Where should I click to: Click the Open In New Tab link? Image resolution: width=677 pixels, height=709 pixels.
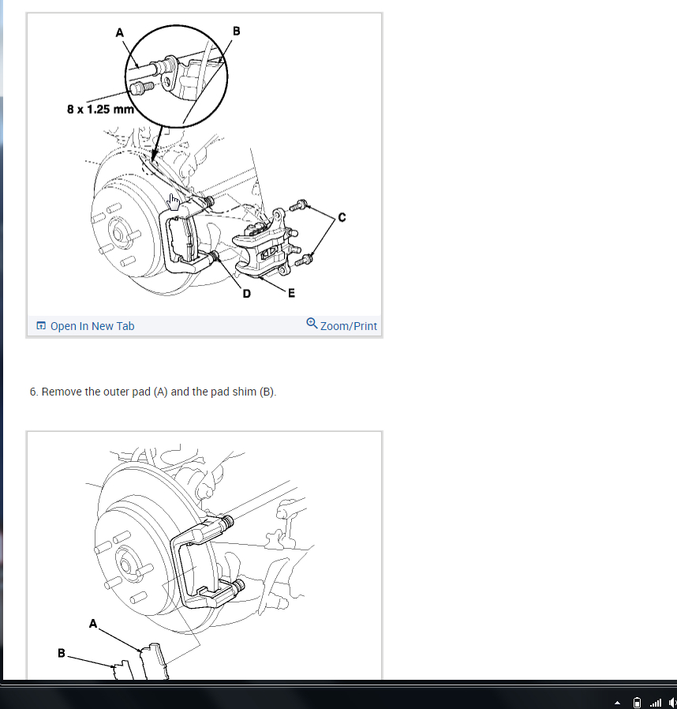[85, 326]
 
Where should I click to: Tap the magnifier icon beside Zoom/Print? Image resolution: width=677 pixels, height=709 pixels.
[312, 323]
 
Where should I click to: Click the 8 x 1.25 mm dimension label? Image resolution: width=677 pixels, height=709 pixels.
[100, 110]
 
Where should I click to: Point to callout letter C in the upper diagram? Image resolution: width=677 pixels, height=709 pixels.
[342, 217]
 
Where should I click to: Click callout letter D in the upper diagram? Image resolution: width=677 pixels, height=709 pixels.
[246, 294]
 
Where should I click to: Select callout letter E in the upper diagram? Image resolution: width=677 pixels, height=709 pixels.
[291, 294]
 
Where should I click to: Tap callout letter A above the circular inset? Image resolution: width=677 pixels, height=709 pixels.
[119, 32]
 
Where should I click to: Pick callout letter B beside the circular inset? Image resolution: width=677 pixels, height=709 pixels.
[237, 31]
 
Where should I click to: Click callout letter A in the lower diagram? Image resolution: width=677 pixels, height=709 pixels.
[93, 624]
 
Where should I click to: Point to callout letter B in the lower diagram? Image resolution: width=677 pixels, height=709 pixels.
[62, 653]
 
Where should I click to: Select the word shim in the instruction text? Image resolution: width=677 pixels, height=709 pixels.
[244, 392]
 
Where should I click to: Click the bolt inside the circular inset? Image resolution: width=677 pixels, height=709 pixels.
[141, 87]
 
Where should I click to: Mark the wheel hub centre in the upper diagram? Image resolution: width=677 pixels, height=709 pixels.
[118, 234]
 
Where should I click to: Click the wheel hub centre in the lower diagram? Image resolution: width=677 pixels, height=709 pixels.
[125, 565]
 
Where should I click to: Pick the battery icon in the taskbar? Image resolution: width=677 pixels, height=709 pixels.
[637, 703]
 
